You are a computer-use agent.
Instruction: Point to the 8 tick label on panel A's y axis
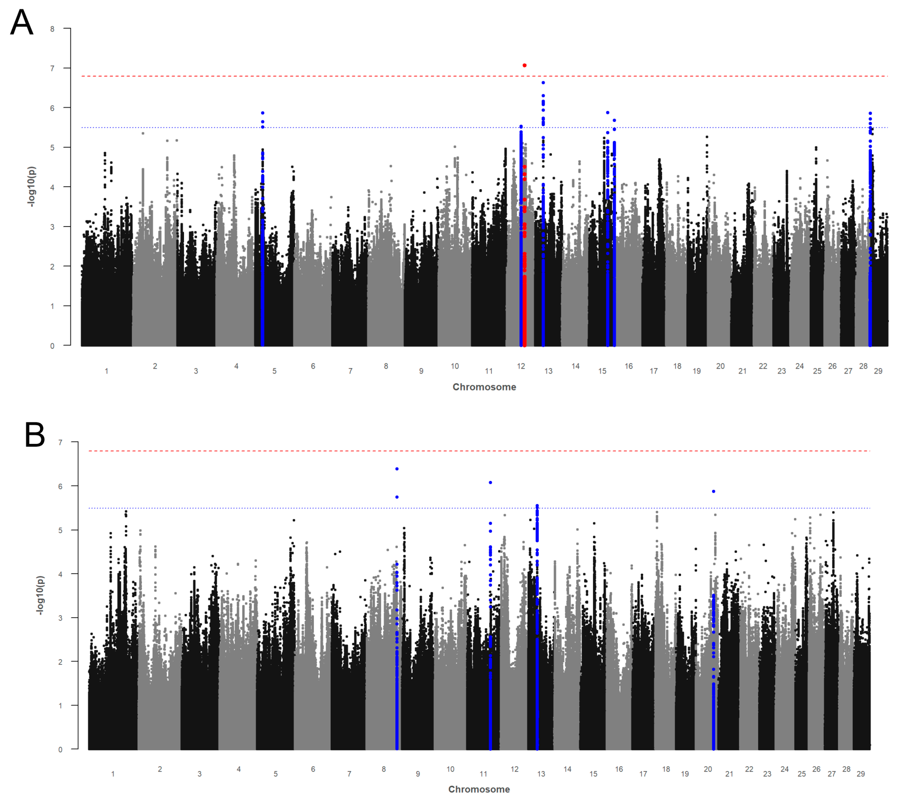click(x=52, y=29)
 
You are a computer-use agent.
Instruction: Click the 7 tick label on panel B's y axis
click(x=60, y=443)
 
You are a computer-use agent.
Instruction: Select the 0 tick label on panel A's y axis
click(x=52, y=346)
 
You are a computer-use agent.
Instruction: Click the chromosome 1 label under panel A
click(x=106, y=371)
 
